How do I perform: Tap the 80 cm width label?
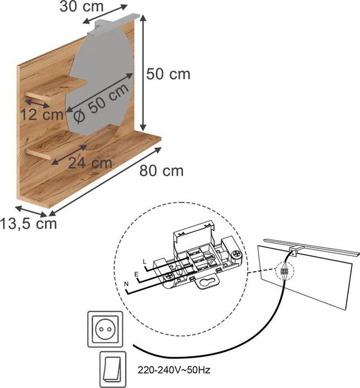click(162, 171)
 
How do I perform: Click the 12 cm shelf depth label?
click(42, 114)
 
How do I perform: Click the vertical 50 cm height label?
click(169, 74)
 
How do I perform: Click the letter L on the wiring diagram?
click(144, 261)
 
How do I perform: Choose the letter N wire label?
click(126, 284)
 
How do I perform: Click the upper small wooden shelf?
click(57, 88)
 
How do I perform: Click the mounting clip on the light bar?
click(295, 250)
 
